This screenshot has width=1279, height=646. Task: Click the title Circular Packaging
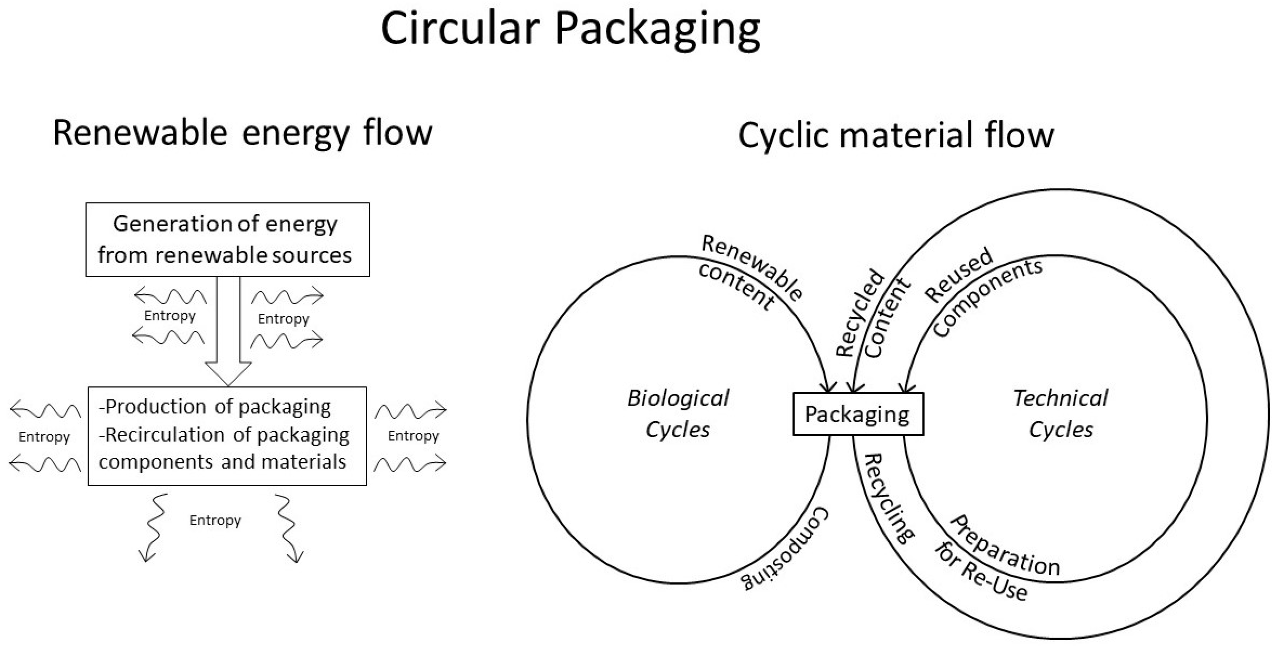point(570,30)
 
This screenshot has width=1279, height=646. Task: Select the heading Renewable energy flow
point(242,133)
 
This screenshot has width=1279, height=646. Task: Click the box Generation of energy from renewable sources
point(227,240)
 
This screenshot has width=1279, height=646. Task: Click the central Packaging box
point(857,414)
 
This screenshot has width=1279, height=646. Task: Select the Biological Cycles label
point(678,413)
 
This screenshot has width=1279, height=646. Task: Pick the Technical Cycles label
point(1061,413)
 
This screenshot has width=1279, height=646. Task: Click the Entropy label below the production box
point(215,520)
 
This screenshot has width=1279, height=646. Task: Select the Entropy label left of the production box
point(44,437)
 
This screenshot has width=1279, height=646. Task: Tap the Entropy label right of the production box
point(413,436)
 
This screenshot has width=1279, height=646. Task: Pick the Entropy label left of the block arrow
point(170,316)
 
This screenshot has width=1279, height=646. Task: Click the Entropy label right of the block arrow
point(283,319)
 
